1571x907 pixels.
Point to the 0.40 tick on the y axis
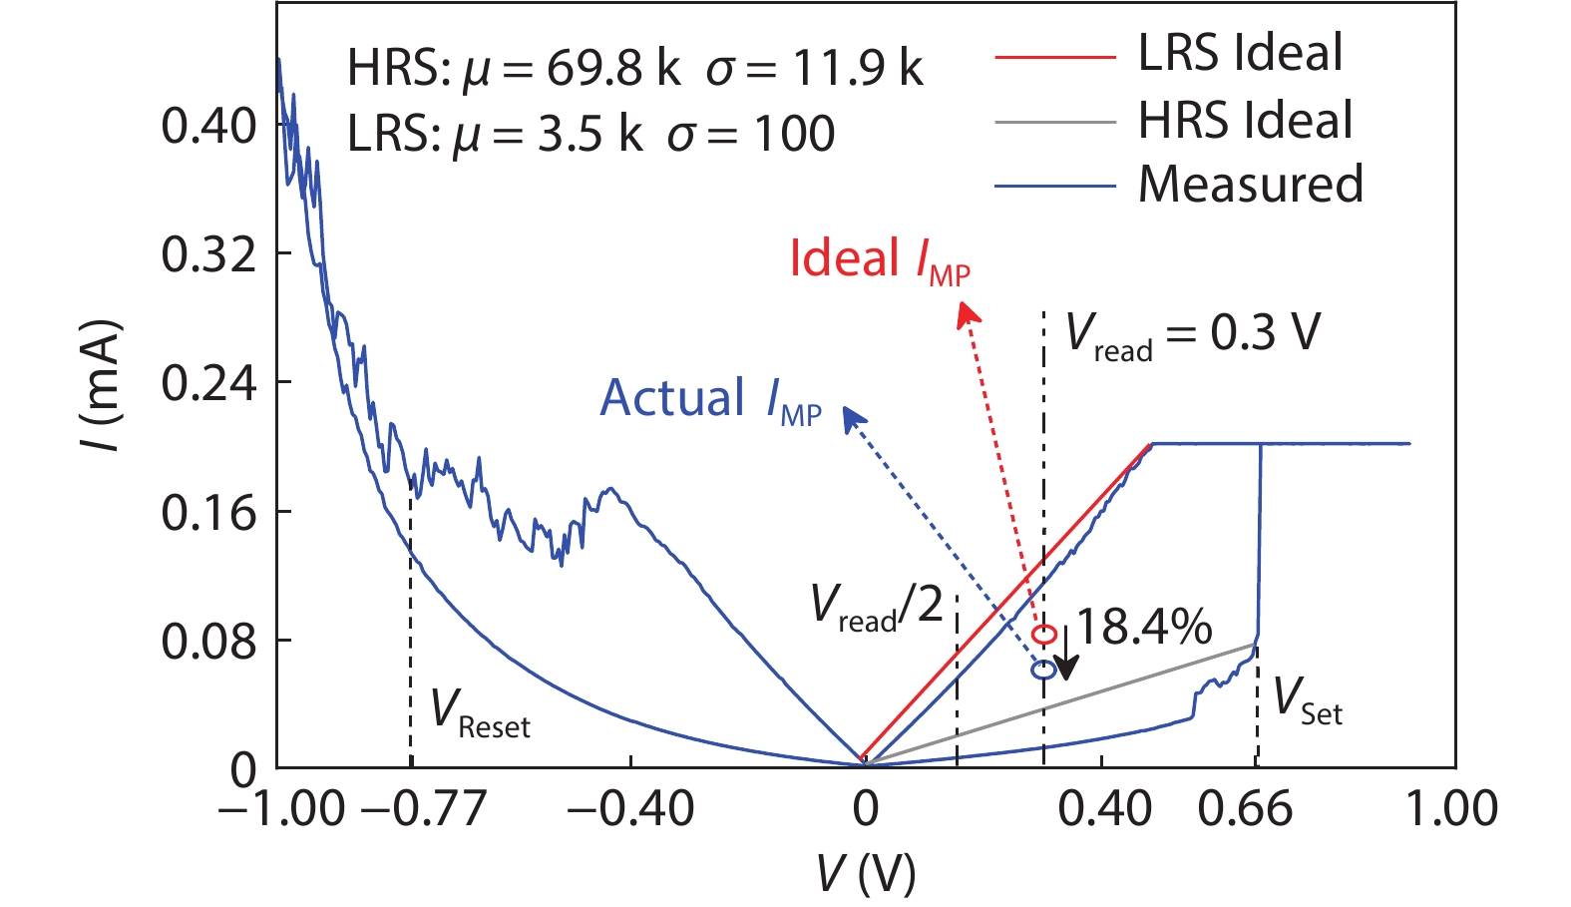[x=208, y=126]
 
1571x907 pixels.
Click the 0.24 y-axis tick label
[x=208, y=384]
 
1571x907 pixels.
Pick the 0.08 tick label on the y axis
[x=208, y=642]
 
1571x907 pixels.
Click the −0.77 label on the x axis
[x=423, y=808]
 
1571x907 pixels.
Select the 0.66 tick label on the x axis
[x=1245, y=808]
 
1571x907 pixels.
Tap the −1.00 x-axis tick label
[x=281, y=808]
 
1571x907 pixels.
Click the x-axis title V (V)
[x=865, y=874]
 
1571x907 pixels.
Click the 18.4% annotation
[x=1144, y=628]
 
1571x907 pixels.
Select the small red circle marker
[x=1043, y=635]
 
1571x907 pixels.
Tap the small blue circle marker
[x=1043, y=671]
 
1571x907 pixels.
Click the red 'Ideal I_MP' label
[x=879, y=260]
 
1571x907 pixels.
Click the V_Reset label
[x=480, y=712]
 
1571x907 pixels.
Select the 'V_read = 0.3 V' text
[x=1192, y=333]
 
